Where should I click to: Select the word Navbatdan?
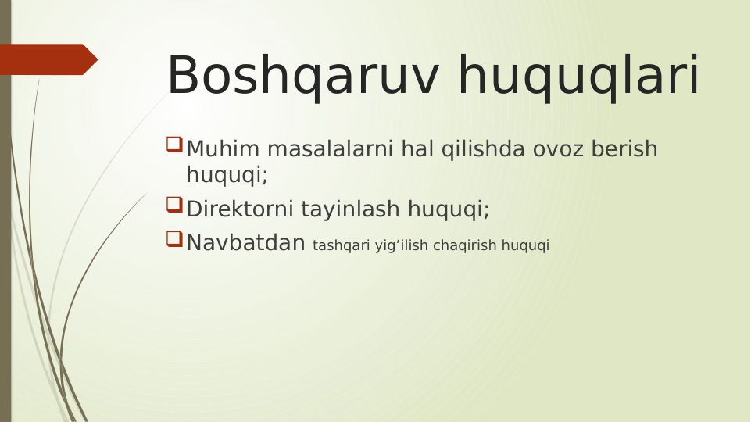(x=245, y=243)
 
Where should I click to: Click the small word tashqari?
(x=340, y=245)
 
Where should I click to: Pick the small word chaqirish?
(x=465, y=245)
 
